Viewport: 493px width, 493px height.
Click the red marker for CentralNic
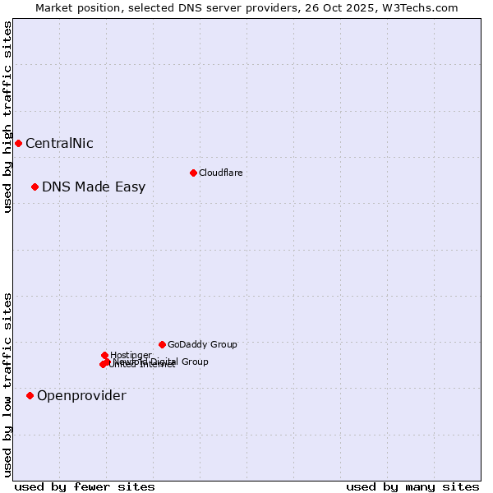(18, 143)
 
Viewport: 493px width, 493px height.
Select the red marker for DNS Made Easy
(35, 187)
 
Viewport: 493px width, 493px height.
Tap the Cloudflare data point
(193, 173)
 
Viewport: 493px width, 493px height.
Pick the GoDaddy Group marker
(162, 344)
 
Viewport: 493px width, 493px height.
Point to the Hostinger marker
(104, 355)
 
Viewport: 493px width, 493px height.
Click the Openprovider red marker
(30, 395)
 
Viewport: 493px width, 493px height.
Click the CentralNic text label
(59, 143)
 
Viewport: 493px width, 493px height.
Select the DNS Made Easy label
(94, 187)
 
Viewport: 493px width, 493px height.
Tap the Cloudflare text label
(220, 173)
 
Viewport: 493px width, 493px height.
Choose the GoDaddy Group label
(202, 344)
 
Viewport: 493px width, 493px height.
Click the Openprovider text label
(81, 395)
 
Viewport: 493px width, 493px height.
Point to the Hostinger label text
(131, 355)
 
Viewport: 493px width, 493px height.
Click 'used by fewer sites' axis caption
(85, 486)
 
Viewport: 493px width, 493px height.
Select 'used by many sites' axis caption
(412, 486)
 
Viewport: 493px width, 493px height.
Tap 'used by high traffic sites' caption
(7, 117)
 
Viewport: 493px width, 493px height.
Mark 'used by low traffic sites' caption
(7, 384)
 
